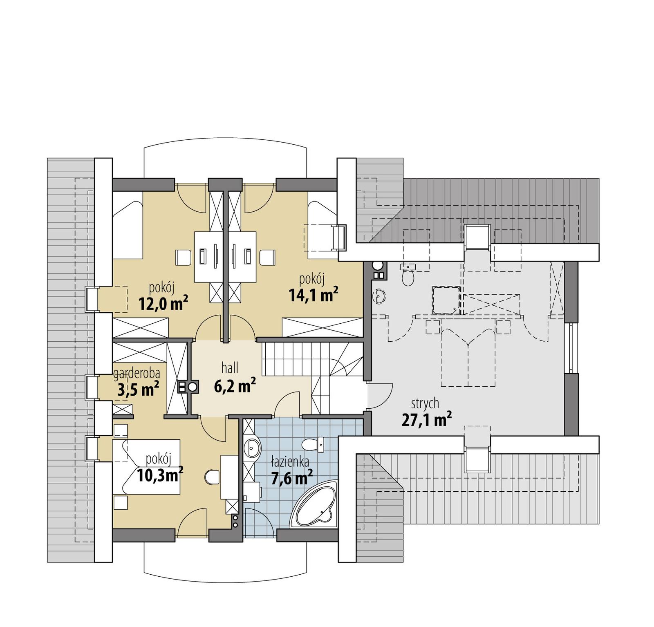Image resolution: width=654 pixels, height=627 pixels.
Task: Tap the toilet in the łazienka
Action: [x=313, y=444]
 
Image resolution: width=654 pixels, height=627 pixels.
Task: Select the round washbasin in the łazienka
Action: [x=252, y=448]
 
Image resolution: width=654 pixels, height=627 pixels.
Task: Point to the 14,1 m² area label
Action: [x=314, y=294]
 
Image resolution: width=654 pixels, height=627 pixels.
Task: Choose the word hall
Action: [x=230, y=368]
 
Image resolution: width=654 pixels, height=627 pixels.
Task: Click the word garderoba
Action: [x=137, y=373]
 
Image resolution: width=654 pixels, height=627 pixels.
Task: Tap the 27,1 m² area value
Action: [x=426, y=419]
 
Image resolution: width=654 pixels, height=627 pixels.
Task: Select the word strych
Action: [x=425, y=403]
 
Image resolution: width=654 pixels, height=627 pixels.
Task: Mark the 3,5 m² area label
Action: [x=138, y=390]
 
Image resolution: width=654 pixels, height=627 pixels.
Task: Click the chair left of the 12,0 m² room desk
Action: [x=184, y=258]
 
